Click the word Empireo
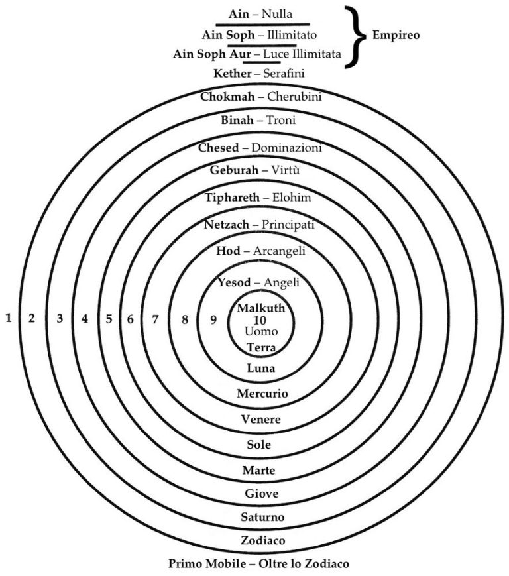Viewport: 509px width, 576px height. point(396,34)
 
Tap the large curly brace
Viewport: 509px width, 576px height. point(357,34)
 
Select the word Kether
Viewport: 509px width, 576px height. point(233,73)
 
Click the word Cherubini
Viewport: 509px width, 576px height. point(295,97)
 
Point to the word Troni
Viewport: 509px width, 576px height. point(281,121)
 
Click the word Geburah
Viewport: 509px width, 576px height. point(233,170)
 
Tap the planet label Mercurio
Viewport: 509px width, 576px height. point(262,394)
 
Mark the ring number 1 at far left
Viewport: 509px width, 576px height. point(9,318)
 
